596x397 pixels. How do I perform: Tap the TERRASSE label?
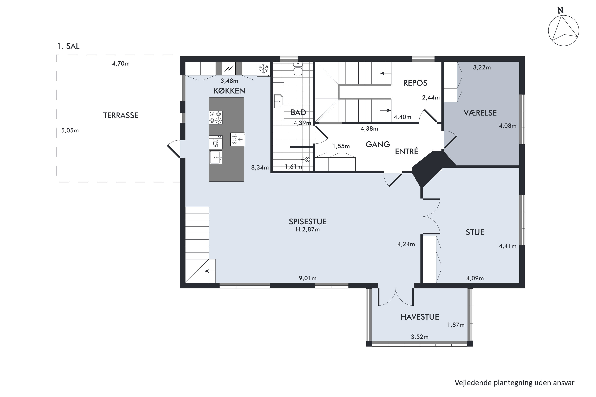121,116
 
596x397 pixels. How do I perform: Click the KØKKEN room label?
229,91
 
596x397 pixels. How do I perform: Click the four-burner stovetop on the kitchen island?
216,118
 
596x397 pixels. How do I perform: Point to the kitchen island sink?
216,157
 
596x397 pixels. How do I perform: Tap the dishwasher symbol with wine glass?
216,142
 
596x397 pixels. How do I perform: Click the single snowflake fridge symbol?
264,69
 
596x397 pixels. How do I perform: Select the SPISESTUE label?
308,222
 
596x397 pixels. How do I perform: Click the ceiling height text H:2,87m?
308,230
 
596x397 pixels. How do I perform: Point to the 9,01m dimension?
308,278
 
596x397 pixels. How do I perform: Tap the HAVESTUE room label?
420,317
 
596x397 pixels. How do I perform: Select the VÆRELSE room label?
480,113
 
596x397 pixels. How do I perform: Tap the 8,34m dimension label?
260,168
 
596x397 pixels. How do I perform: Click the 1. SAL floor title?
68,46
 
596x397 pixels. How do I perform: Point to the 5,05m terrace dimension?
70,131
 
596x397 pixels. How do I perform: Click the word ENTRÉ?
406,151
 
